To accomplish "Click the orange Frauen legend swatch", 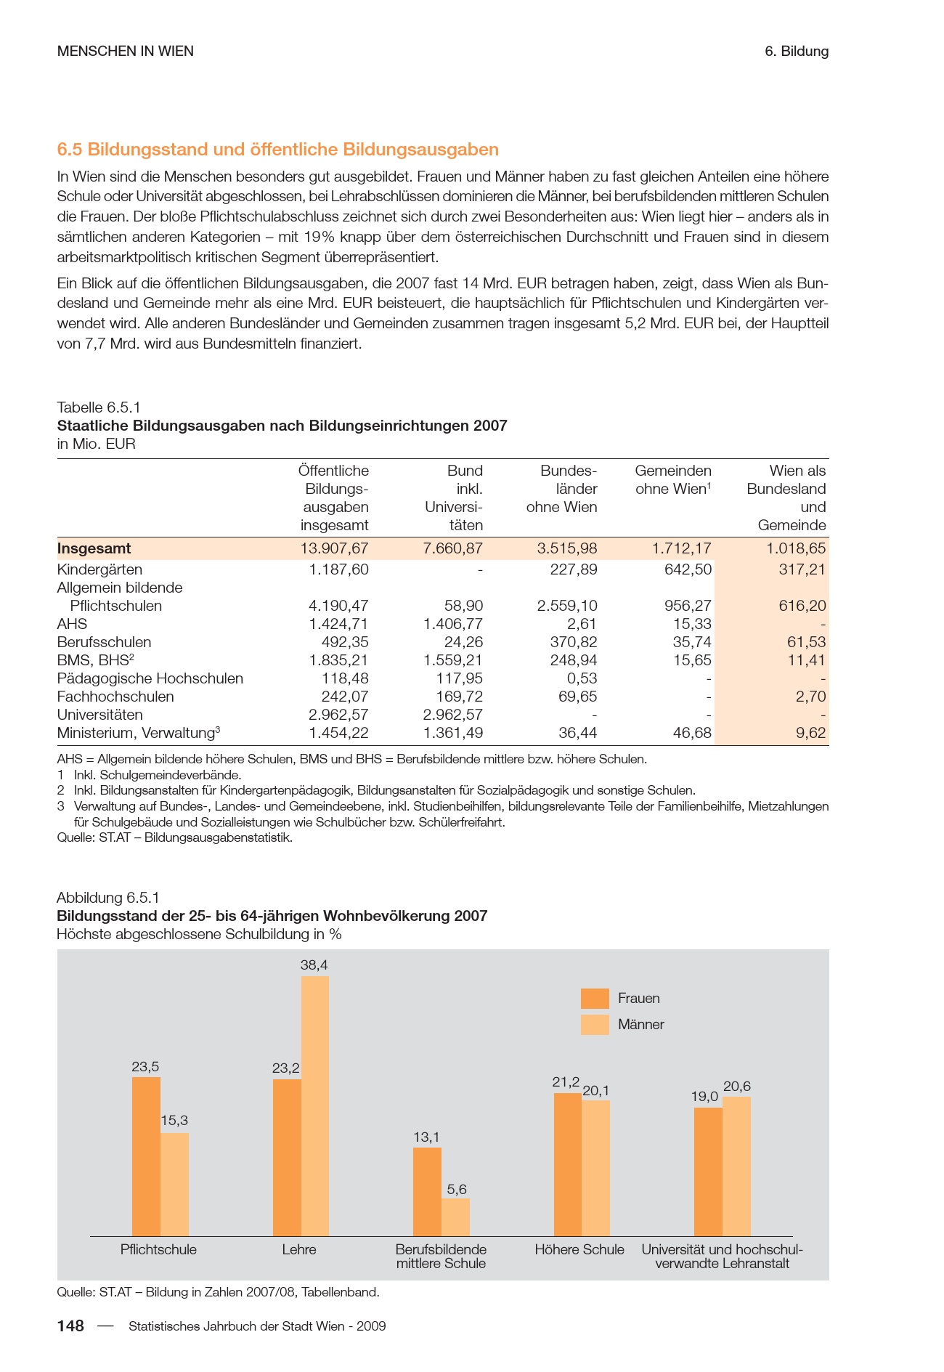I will [x=595, y=998].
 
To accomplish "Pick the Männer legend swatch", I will [x=595, y=1024].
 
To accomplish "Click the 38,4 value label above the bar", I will [x=314, y=965].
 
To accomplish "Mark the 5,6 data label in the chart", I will [x=457, y=1189].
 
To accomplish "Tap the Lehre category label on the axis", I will [x=299, y=1249].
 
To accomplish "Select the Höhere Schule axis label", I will [x=579, y=1249].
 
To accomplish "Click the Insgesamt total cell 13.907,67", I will [x=335, y=548].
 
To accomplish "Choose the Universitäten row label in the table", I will [x=100, y=715].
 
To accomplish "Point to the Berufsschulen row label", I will [x=105, y=642].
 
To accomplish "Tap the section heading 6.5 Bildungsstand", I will [x=278, y=150].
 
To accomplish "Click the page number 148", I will [x=70, y=1326].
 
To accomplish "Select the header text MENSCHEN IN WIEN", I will [x=126, y=51].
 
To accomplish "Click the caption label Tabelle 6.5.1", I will [x=99, y=407].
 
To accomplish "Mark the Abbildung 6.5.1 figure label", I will [x=107, y=898].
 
